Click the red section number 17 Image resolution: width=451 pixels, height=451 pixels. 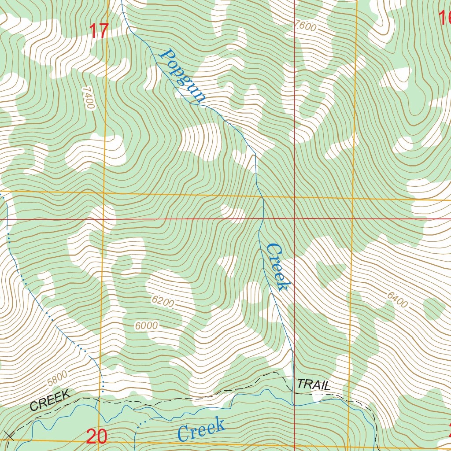pyautogui.click(x=99, y=31)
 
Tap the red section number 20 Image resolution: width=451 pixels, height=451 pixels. pyautogui.click(x=96, y=436)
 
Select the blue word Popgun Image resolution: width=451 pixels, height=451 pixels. pyautogui.click(x=182, y=77)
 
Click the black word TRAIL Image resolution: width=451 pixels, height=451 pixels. pyautogui.click(x=314, y=384)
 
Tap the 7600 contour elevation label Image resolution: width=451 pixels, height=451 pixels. pyautogui.click(x=306, y=26)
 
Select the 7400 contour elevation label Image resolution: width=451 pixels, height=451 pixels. pyautogui.click(x=88, y=98)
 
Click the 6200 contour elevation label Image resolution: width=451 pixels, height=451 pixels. pyautogui.click(x=163, y=301)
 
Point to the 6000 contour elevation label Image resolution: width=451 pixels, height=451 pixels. pyautogui.click(x=146, y=326)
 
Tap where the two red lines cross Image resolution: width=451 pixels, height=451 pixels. pyautogui.click(x=294, y=218)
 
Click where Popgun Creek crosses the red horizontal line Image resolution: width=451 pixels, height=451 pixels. pyautogui.click(x=262, y=218)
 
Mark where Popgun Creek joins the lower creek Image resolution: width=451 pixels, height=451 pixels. pyautogui.click(x=293, y=404)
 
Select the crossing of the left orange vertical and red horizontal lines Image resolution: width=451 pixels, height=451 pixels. pyautogui.click(x=104, y=218)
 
